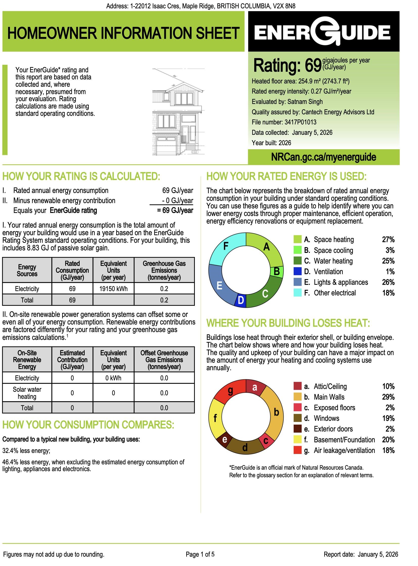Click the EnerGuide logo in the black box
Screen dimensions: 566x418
coord(323,32)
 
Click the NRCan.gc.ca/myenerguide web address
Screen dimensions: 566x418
coord(323,157)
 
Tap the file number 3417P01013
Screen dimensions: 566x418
coord(300,122)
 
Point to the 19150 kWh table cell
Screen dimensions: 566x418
coord(113,289)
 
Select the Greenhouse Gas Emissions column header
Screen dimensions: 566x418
coord(164,270)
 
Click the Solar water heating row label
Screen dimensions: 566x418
coord(27,393)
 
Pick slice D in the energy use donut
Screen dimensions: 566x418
coord(241,300)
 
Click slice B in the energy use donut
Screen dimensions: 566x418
coord(276,271)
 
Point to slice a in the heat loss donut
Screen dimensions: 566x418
coord(255,387)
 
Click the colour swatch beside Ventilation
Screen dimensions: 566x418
coord(297,271)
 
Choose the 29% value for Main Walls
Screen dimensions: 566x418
coord(388,397)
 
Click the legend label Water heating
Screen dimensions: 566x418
coord(333,261)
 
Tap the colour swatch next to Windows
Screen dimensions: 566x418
coord(297,418)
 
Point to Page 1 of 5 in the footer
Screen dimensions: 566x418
coord(200,554)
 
